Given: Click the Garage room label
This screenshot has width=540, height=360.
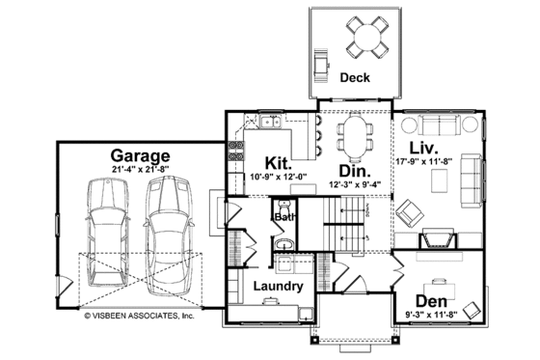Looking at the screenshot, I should pyautogui.click(x=140, y=154).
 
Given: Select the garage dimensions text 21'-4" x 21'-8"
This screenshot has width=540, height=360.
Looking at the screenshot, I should pyautogui.click(x=140, y=170).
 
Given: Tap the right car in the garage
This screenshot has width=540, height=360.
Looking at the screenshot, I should pyautogui.click(x=165, y=229).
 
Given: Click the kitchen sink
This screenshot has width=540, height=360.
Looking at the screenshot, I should pyautogui.click(x=271, y=122).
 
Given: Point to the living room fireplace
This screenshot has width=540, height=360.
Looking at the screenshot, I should pyautogui.click(x=438, y=241).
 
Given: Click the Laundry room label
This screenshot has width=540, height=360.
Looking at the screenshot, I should pyautogui.click(x=279, y=287).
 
